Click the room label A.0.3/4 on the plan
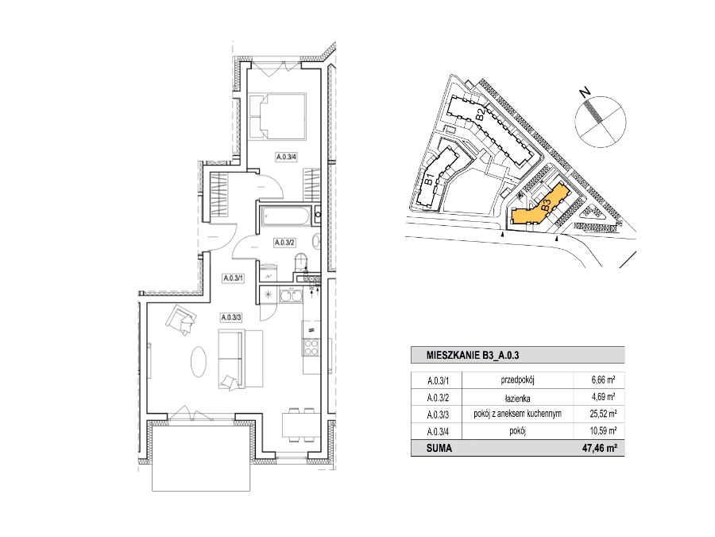tap(286, 157)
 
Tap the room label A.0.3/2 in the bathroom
tap(284, 243)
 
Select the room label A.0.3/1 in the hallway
tap(233, 278)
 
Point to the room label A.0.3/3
tap(231, 317)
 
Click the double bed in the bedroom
tap(278, 116)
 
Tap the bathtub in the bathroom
tap(285, 216)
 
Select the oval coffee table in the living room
tap(199, 362)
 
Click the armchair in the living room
tap(181, 321)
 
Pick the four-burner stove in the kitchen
tap(311, 348)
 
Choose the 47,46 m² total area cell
tap(600, 449)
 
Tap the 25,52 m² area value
tap(603, 414)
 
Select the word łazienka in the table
tap(517, 398)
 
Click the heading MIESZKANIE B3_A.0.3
tap(473, 356)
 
